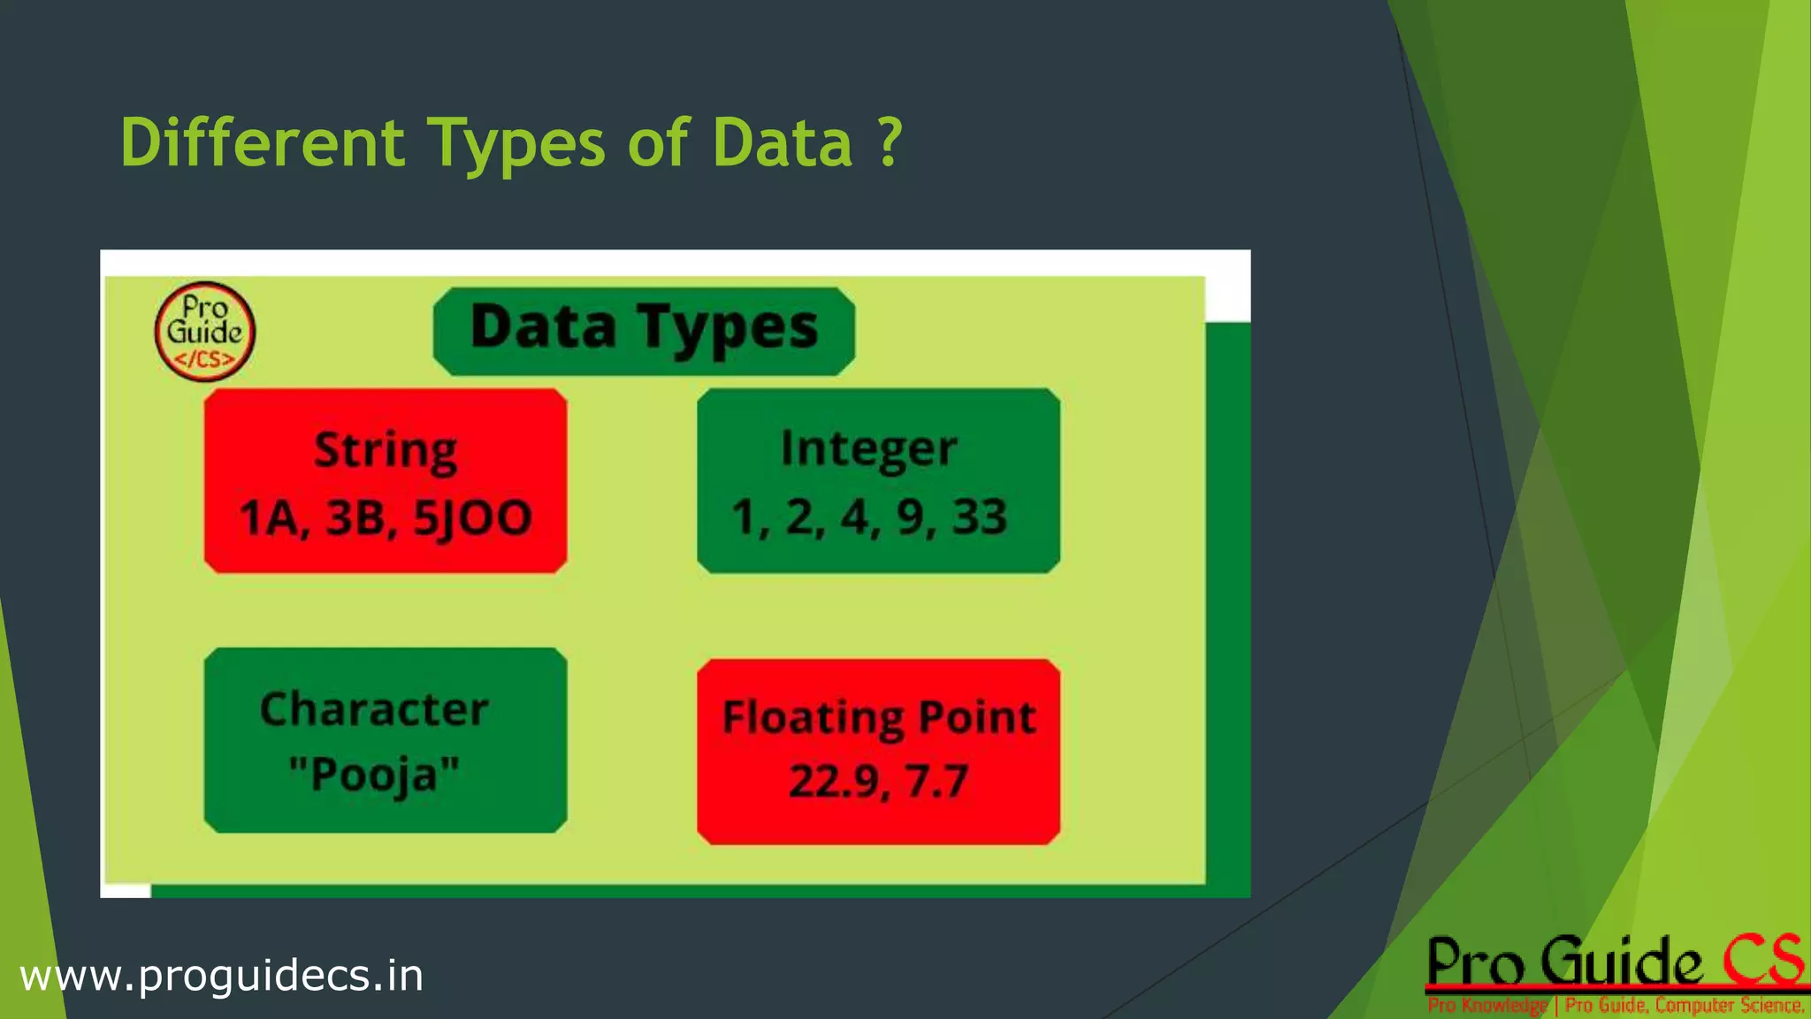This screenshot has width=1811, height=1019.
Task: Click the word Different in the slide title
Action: [x=263, y=142]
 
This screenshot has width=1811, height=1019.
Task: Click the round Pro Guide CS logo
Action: [x=205, y=332]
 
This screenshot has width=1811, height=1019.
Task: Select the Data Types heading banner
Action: [x=644, y=330]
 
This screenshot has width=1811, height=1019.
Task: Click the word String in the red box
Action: [x=386, y=450]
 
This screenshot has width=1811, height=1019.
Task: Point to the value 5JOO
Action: [x=472, y=518]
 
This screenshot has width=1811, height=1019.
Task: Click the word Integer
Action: [x=868, y=449]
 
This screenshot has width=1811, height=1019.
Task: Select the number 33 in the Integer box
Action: [x=979, y=517]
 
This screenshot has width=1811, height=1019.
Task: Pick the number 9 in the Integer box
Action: [x=912, y=517]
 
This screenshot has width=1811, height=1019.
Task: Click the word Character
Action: [x=374, y=709]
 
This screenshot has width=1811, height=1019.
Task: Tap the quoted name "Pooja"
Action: [x=374, y=775]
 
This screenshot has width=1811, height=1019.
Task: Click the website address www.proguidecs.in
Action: [x=221, y=976]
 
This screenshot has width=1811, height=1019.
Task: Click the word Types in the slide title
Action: [x=517, y=142]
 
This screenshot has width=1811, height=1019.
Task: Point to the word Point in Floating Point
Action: [x=977, y=716]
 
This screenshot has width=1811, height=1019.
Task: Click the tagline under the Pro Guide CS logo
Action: [x=1616, y=1006]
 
